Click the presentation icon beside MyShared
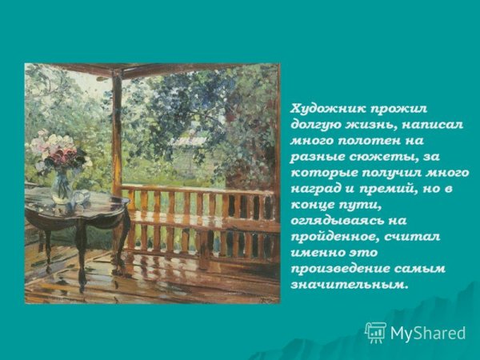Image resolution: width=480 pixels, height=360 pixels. click(x=375, y=332)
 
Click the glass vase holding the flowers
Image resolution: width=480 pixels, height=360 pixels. click(x=62, y=186)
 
